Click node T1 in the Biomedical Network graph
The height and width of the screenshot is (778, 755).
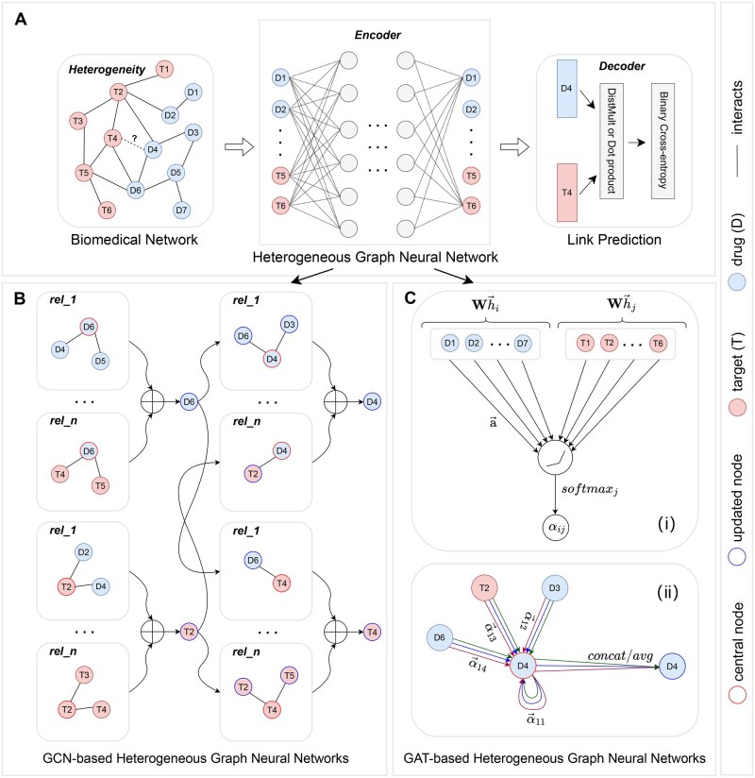[164, 69]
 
